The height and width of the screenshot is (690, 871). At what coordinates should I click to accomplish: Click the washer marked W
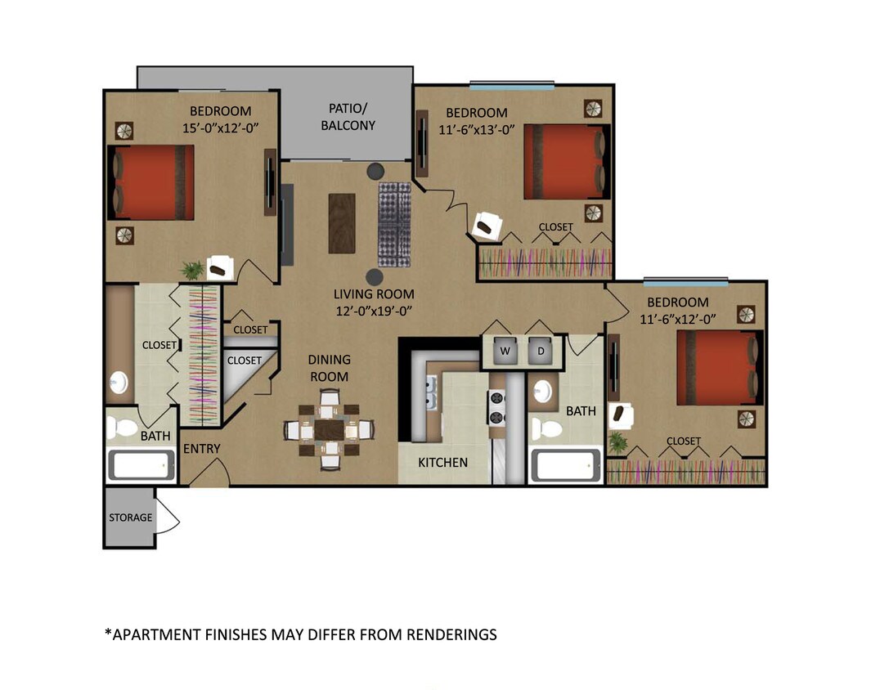coord(505,350)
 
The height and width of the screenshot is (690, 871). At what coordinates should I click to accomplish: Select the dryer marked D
coord(541,350)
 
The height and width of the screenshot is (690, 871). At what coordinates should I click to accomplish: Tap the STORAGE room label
coord(131,517)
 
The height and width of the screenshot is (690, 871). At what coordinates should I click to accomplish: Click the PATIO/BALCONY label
coord(352,117)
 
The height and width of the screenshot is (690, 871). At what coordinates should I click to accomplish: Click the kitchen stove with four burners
coord(496,407)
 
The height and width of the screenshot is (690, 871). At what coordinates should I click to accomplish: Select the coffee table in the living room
coord(342,223)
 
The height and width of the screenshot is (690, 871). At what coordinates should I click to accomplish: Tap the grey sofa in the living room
coord(394,224)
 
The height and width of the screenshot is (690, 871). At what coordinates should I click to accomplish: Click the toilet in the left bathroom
coord(123,426)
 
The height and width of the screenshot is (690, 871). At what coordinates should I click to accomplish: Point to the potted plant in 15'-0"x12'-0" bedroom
coord(193,270)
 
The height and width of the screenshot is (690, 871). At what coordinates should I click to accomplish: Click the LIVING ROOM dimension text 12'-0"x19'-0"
coord(374,310)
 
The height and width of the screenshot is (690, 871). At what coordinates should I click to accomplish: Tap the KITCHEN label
coord(443,463)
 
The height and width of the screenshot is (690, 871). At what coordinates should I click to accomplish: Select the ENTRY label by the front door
coord(201,449)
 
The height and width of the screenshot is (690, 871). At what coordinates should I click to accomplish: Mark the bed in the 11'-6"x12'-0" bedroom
coord(718,367)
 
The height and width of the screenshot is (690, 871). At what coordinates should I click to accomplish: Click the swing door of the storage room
coord(168,517)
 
